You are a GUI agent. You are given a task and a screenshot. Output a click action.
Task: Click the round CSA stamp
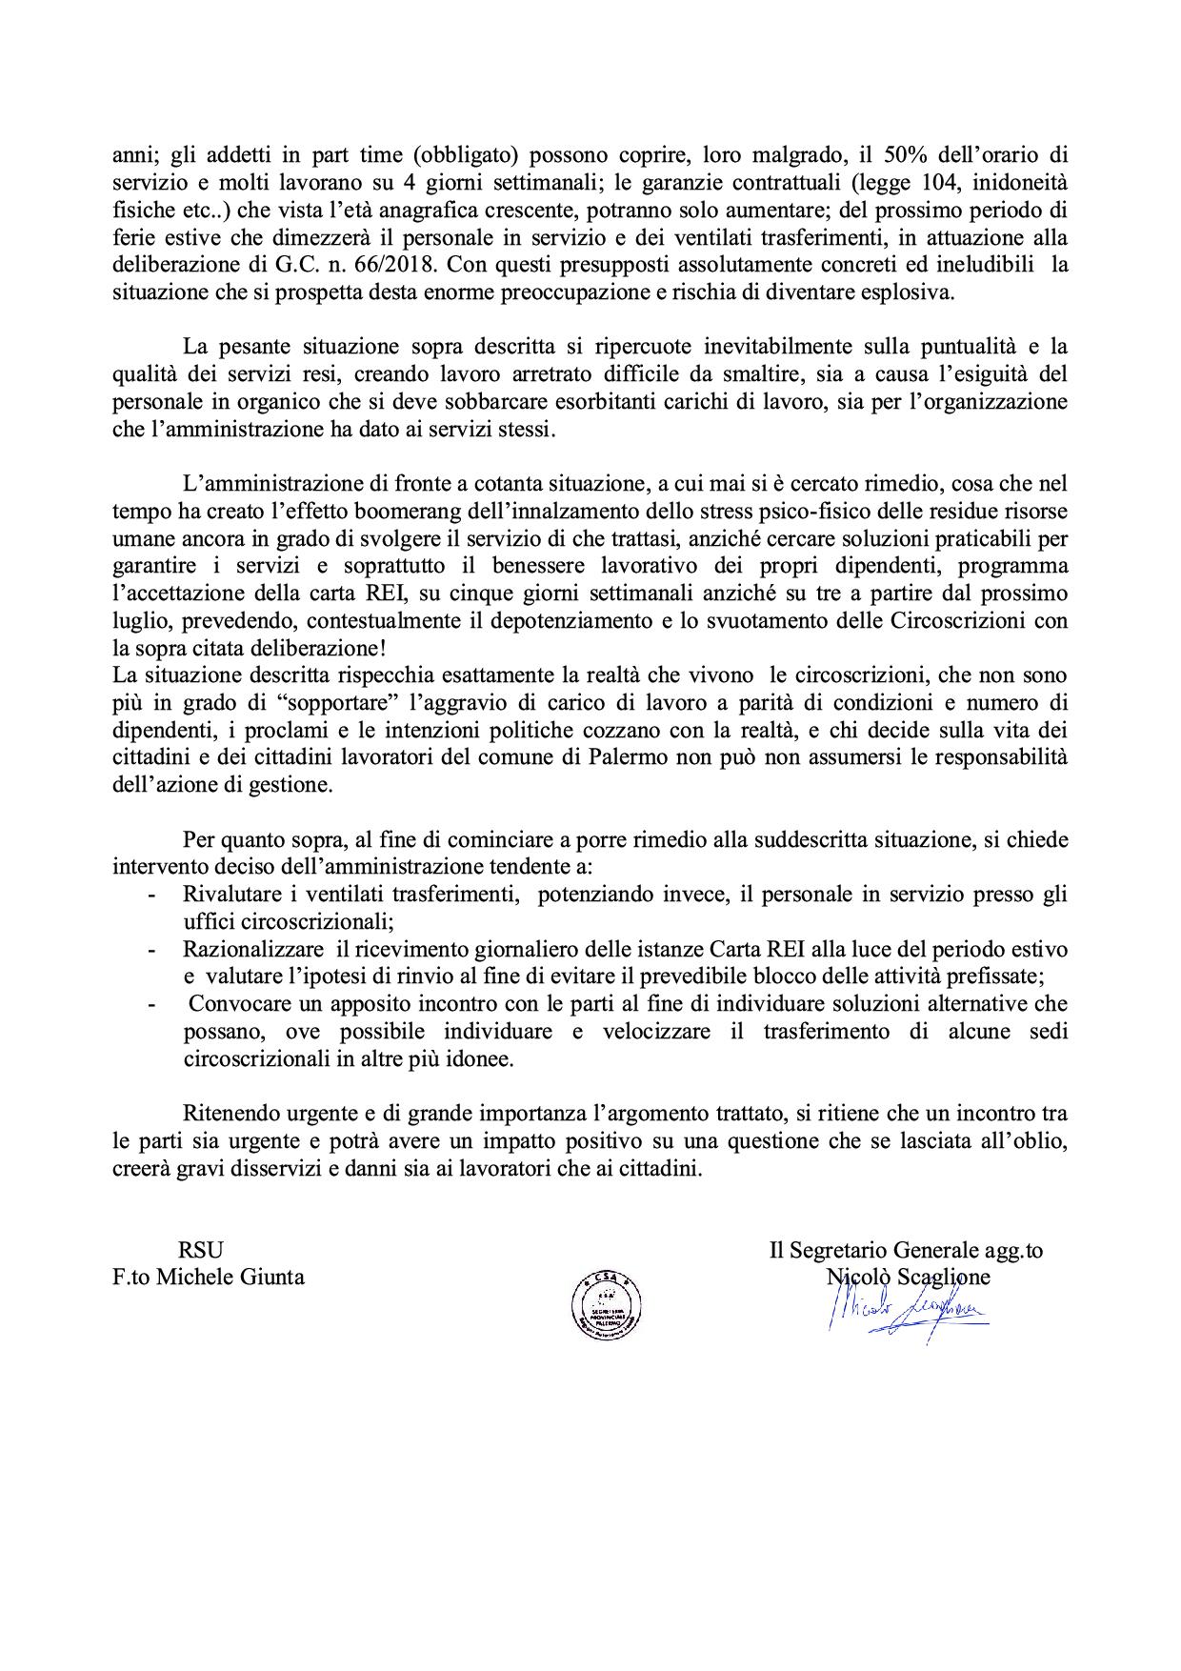[x=605, y=1304]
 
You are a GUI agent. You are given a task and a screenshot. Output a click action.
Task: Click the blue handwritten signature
[x=905, y=1314]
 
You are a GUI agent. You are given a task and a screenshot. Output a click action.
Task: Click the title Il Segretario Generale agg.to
[x=906, y=1250]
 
